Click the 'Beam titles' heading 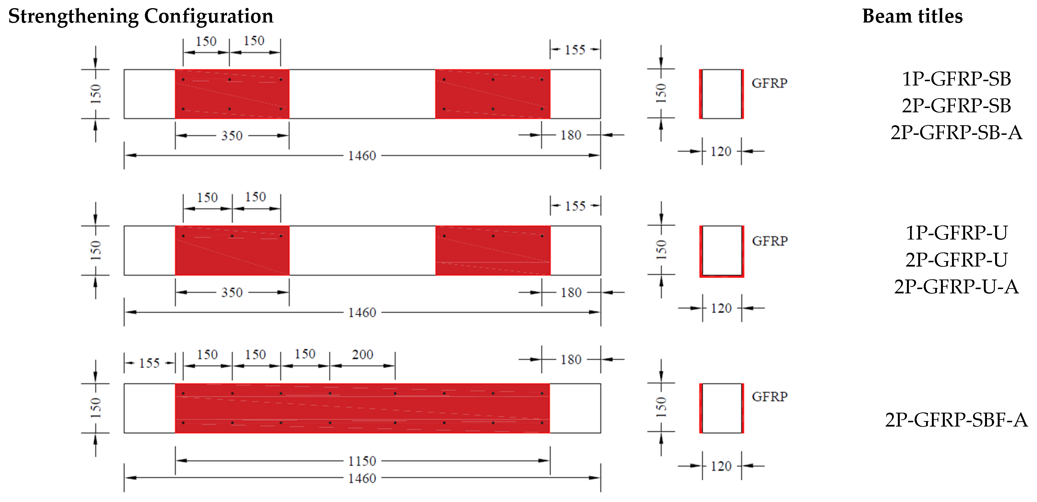click(x=912, y=16)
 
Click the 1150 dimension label click(x=362, y=461)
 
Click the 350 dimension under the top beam click(x=232, y=136)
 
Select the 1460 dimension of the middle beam click(x=362, y=312)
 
